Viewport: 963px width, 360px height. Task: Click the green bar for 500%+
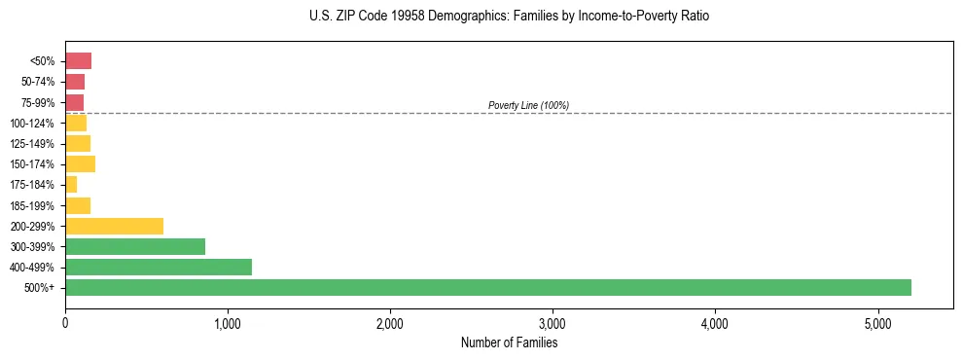click(487, 287)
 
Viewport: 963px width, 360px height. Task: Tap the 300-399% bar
click(135, 246)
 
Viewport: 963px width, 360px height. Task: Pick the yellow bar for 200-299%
click(114, 226)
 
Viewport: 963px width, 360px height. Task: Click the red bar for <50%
click(78, 61)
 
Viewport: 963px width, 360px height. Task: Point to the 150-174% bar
click(80, 163)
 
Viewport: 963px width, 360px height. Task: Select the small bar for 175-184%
click(71, 184)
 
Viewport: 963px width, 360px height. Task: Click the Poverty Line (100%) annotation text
click(528, 105)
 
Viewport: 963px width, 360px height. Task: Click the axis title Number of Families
click(509, 342)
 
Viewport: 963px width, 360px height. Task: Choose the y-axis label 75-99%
click(38, 103)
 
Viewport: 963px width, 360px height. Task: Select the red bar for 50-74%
click(75, 82)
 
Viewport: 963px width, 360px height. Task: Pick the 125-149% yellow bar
click(78, 143)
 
